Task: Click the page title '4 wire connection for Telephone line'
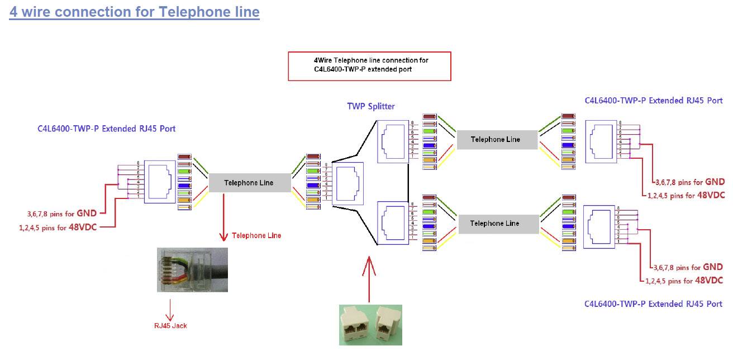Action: tap(134, 12)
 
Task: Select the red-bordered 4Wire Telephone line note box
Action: tap(369, 66)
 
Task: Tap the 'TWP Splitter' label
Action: tap(370, 106)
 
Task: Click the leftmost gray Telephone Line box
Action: tap(249, 183)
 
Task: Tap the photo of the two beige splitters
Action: tap(371, 325)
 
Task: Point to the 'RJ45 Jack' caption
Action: tap(170, 325)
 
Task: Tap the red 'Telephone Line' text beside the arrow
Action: tap(256, 236)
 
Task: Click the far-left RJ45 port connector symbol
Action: tap(160, 182)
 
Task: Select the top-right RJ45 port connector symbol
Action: tap(601, 141)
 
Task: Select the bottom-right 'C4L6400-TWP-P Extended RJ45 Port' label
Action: tap(653, 304)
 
